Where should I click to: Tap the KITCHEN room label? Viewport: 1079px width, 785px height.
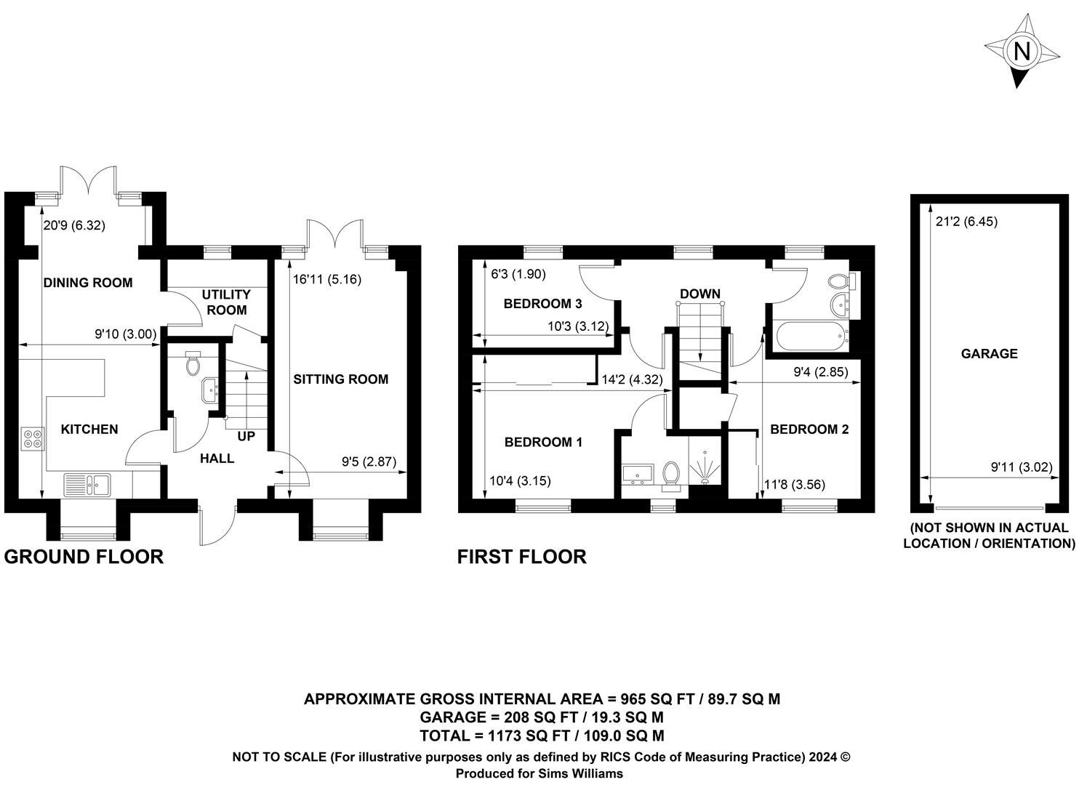89,429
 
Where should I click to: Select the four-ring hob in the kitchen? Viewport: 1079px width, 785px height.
33,438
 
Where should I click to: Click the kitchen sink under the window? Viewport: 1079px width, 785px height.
87,485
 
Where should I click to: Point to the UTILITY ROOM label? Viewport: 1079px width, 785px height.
226,302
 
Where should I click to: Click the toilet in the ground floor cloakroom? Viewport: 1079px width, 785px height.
193,363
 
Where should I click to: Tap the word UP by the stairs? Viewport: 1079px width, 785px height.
246,436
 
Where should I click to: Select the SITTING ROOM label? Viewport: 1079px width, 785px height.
340,379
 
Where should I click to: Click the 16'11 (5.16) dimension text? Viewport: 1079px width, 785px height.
327,279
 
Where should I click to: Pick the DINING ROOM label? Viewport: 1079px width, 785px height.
88,283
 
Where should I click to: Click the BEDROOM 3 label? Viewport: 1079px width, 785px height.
543,304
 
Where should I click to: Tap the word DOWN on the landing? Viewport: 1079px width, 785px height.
700,294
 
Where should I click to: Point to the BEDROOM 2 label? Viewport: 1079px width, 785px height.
809,429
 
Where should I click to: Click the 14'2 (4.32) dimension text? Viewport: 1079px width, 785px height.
632,379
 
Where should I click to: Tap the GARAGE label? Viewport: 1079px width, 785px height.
990,353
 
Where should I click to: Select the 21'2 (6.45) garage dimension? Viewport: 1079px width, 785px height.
966,222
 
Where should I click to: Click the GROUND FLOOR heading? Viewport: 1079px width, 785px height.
84,557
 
